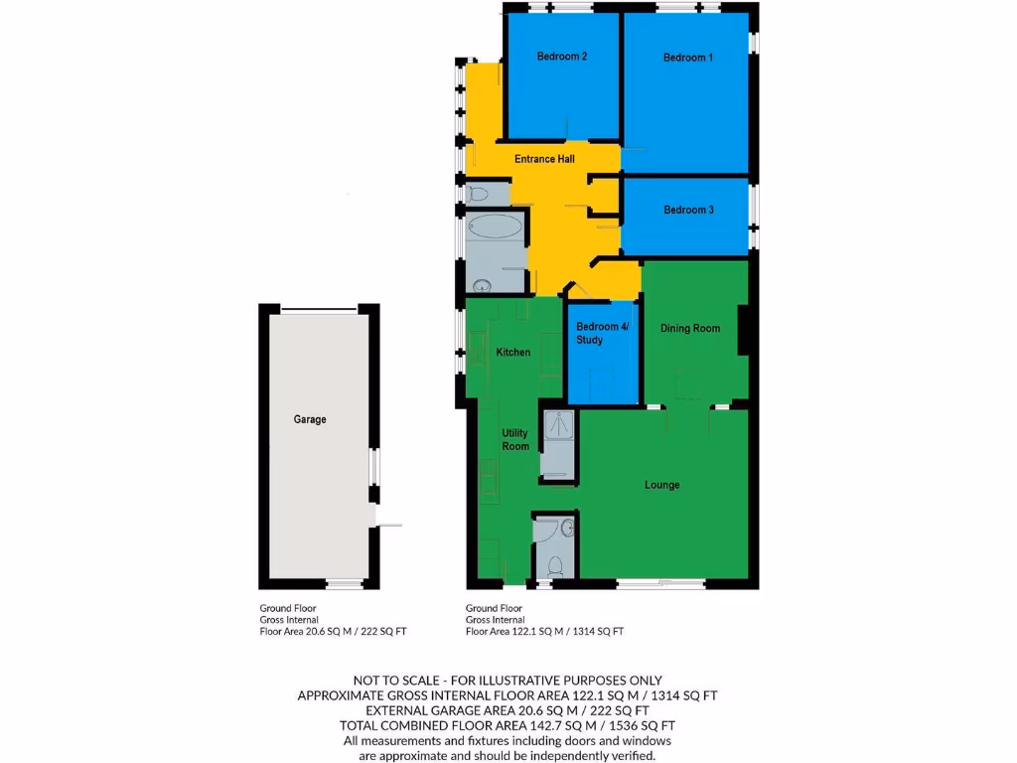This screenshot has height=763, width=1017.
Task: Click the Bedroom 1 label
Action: click(688, 58)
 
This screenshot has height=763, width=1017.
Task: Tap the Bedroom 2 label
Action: click(562, 57)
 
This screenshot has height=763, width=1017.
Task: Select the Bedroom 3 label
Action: click(688, 210)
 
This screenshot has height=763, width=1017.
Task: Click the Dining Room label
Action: click(690, 328)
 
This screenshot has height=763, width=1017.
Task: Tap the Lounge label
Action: click(662, 485)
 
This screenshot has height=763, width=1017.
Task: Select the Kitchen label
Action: click(513, 352)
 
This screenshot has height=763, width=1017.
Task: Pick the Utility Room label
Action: click(515, 440)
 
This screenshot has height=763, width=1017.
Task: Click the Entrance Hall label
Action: click(544, 159)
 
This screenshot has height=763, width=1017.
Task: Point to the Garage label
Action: click(310, 419)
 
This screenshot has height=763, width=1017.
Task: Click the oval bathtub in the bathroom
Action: click(495, 227)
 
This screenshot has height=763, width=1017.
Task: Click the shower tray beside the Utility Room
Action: click(556, 427)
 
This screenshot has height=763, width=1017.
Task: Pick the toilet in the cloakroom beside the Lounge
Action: click(556, 567)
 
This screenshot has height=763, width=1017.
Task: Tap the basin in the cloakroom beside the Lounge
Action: click(568, 528)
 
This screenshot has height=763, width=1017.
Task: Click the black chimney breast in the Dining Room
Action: click(743, 328)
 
